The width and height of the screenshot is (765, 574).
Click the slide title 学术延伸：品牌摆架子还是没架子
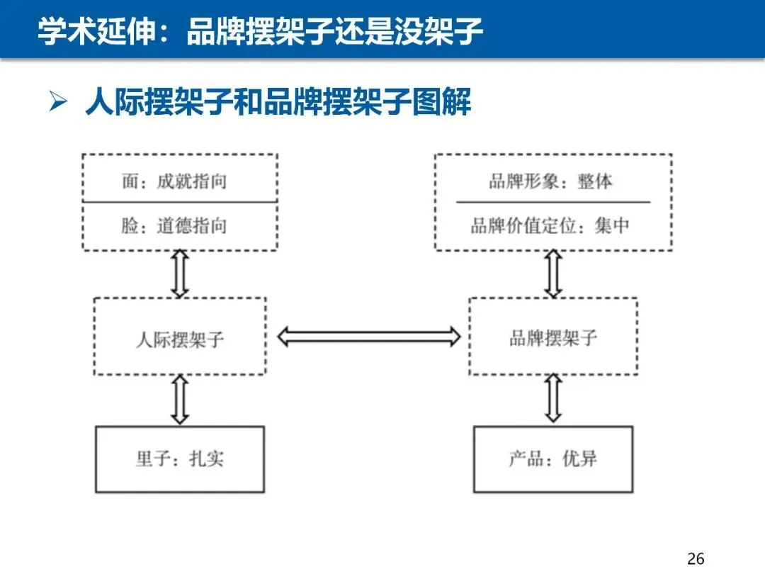tap(260, 30)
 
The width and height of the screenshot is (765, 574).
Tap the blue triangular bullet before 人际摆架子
tap(58, 101)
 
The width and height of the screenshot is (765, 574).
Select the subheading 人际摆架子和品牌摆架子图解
tap(278, 101)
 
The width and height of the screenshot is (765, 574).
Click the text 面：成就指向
tap(174, 181)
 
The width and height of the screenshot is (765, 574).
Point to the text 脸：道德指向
tap(174, 226)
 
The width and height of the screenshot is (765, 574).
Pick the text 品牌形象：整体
tap(551, 181)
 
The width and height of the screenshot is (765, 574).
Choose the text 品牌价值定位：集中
tap(550, 225)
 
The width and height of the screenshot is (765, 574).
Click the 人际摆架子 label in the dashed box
tap(179, 339)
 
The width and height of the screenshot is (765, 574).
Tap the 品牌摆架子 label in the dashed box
tap(553, 337)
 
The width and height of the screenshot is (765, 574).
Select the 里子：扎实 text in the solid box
tap(180, 458)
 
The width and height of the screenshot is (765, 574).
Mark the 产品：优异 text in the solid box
tap(552, 458)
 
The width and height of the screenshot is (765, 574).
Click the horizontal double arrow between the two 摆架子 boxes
tap(369, 337)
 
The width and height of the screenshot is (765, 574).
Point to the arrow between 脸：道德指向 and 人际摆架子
tap(180, 274)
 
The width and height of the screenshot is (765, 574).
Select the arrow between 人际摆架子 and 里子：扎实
tap(180, 400)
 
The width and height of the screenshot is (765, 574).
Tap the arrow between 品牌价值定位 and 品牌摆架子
tap(553, 274)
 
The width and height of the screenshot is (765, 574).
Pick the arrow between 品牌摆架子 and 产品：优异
tap(553, 398)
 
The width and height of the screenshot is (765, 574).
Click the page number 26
tap(696, 558)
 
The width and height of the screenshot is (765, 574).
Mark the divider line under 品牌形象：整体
tap(553, 201)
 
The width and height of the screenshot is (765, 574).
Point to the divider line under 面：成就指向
tap(180, 201)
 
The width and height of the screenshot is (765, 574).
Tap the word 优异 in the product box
tap(579, 458)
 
